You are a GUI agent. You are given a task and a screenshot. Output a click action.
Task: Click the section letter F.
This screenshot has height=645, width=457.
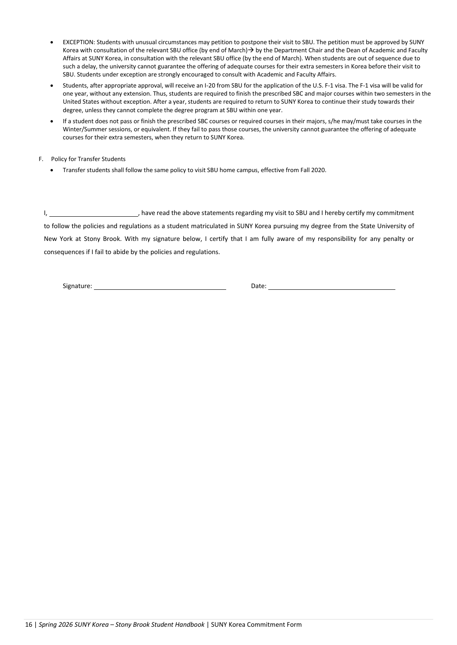41,159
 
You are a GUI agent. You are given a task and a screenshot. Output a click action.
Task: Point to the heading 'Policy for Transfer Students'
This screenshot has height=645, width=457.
88,159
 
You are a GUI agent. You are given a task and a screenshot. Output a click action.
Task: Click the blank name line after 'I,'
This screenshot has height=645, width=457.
94,213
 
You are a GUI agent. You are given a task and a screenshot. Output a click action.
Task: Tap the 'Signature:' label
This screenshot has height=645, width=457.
77,286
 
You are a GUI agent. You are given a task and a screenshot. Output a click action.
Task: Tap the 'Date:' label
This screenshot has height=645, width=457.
258,286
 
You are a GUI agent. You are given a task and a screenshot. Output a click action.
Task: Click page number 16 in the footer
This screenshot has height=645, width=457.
28,624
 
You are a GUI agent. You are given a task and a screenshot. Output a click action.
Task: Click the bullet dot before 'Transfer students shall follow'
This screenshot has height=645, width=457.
52,170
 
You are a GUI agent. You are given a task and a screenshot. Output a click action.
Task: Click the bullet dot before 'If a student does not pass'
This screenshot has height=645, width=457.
52,122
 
